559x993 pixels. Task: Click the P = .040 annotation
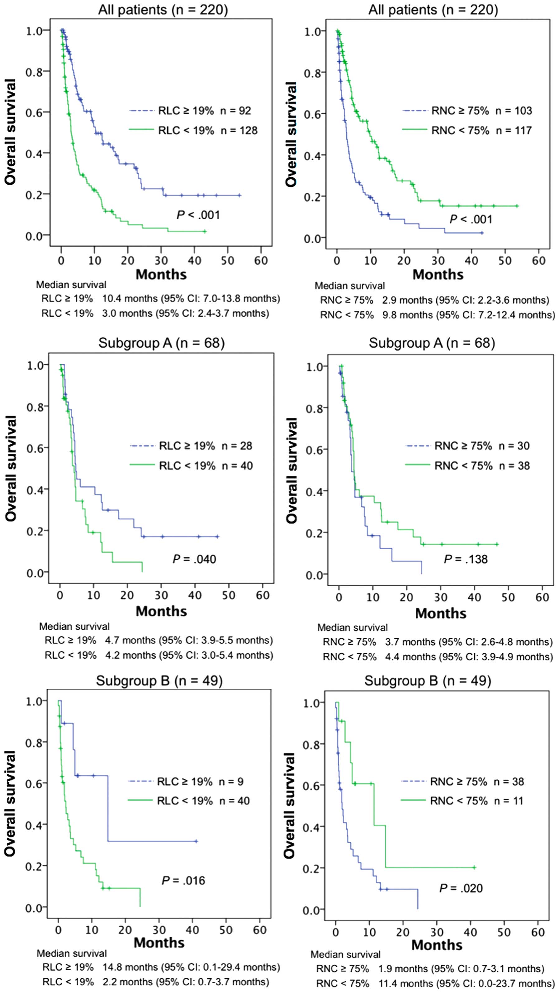[x=194, y=559]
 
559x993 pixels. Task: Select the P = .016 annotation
[x=183, y=881]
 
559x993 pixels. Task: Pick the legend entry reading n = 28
[x=237, y=446]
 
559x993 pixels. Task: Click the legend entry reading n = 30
[x=514, y=446]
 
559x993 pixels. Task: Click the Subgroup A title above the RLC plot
[x=161, y=343]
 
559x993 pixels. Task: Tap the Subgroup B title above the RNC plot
[x=428, y=681]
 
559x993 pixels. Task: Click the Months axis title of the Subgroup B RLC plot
[x=159, y=943]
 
